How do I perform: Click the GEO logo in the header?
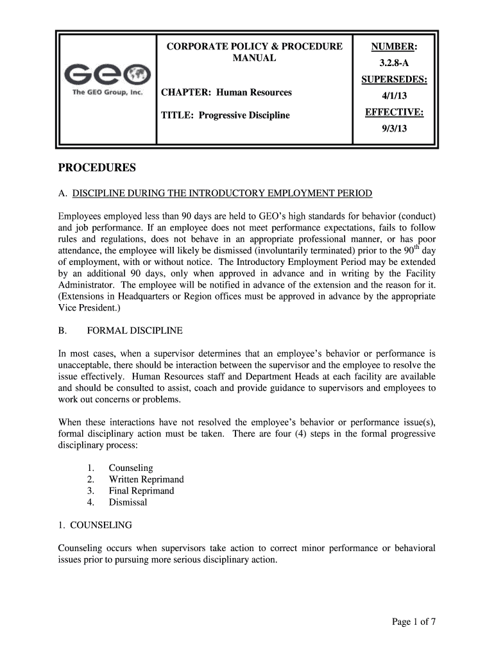point(107,76)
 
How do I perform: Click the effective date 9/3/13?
point(394,128)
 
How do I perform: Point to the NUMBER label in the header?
point(394,47)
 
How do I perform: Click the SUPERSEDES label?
point(394,80)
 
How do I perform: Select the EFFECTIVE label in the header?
point(394,112)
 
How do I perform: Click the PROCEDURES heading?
point(97,168)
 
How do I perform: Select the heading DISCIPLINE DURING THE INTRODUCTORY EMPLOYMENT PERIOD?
point(222,193)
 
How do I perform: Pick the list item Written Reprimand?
point(146,479)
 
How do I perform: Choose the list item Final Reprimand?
point(141,491)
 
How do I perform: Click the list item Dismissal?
point(128,502)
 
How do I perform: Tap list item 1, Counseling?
point(131,468)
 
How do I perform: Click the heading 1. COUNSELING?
point(95,525)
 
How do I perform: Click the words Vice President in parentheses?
point(87,308)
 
